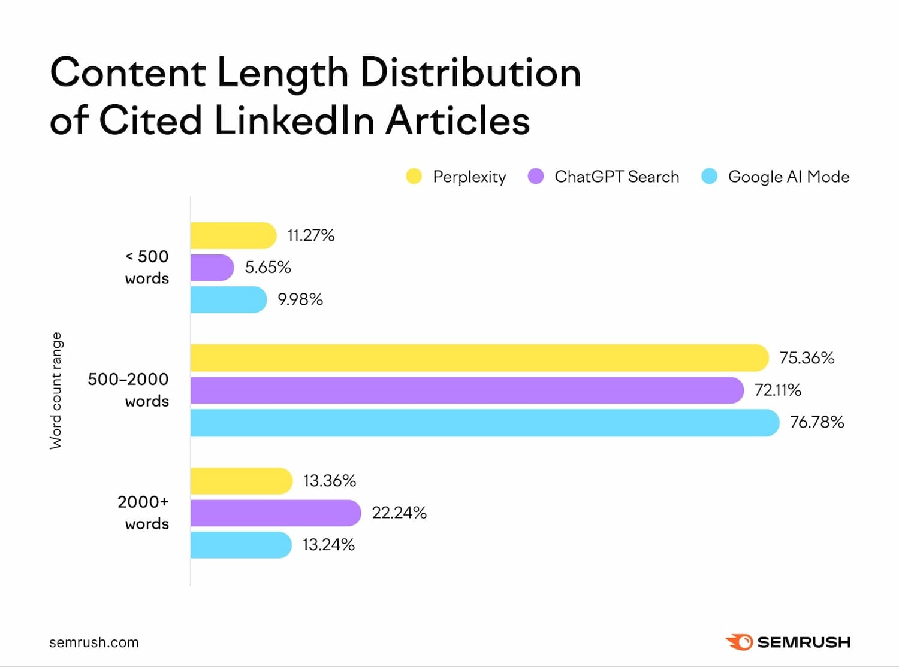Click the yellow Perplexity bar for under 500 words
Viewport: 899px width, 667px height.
[x=233, y=235]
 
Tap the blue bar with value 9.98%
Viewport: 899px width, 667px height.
[x=228, y=299]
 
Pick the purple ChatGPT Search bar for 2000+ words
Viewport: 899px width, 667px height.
[x=276, y=513]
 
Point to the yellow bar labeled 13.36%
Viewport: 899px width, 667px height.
[x=242, y=481]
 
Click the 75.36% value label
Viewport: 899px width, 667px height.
[x=807, y=358]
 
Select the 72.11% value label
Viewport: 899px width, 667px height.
[x=777, y=390]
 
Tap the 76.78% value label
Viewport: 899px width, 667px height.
[x=817, y=422]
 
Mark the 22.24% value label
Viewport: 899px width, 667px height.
[x=399, y=513]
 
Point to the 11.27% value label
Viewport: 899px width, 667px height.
[x=310, y=235]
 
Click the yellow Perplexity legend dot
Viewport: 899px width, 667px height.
[x=414, y=177]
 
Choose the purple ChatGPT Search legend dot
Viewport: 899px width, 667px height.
[x=535, y=177]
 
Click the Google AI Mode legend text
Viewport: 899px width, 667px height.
[x=788, y=177]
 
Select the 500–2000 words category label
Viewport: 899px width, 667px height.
[x=128, y=390]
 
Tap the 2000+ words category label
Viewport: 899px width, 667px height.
[x=143, y=513]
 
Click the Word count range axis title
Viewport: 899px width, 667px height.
[x=56, y=390]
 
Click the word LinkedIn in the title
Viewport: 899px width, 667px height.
[x=294, y=120]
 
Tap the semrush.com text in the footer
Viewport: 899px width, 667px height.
[x=94, y=642]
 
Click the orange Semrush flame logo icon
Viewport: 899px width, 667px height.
[x=739, y=642]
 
